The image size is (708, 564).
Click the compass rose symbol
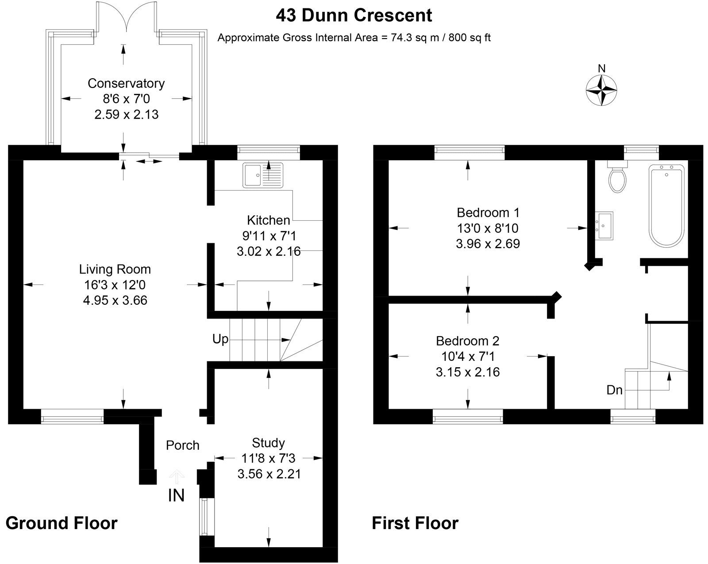click(601, 90)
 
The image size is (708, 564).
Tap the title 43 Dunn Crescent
click(354, 15)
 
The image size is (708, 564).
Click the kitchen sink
click(262, 174)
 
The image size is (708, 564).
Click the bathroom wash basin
click(604, 225)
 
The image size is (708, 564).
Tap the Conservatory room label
click(126, 83)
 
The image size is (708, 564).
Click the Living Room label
click(115, 269)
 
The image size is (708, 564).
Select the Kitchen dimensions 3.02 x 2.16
click(269, 252)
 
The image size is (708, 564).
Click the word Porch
click(182, 445)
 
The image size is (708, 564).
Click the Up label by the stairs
click(220, 339)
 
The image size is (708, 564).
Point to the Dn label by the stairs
click(614, 390)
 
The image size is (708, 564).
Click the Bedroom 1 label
click(488, 213)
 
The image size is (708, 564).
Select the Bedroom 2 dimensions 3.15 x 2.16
click(468, 372)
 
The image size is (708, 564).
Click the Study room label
click(268, 443)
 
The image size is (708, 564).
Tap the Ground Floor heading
click(62, 523)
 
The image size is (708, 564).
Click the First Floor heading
click(415, 523)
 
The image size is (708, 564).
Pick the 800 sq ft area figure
click(469, 38)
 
